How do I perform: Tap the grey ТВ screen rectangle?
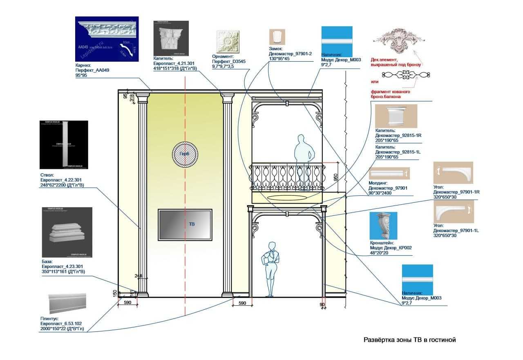click(185, 224)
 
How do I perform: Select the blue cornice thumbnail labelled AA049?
click(107, 39)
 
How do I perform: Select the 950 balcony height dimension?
click(335, 177)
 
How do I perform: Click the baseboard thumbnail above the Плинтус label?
click(67, 303)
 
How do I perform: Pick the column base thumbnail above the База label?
click(67, 232)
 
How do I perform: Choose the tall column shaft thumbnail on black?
click(64, 144)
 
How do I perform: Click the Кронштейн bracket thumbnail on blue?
click(383, 226)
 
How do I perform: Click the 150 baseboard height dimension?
click(115, 293)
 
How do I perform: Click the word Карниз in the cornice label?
click(84, 65)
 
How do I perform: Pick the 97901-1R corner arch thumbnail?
click(453, 173)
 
